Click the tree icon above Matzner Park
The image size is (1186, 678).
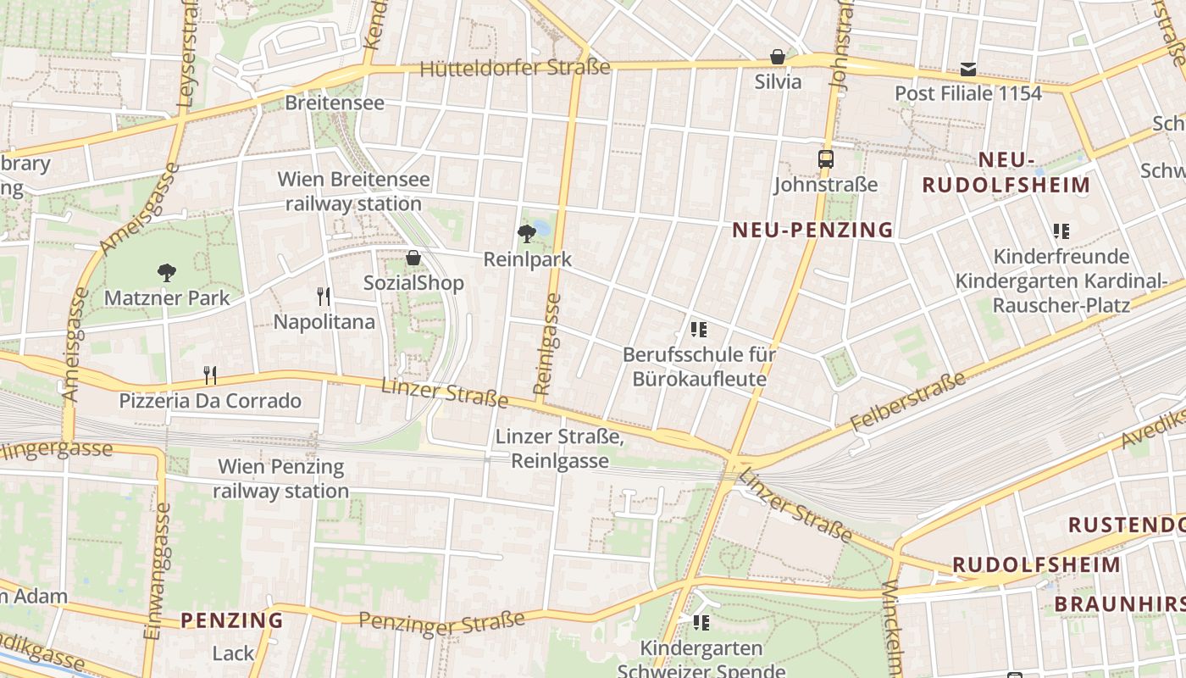point(167,272)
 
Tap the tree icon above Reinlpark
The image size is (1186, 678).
point(527,233)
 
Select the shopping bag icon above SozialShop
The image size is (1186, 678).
point(413,258)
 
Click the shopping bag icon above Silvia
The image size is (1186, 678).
point(777,57)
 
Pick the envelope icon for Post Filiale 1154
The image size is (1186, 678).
point(967,69)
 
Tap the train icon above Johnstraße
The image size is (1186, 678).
point(825,158)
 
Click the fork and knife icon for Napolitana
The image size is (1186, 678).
point(324,296)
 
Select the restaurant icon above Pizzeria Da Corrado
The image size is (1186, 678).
point(210,375)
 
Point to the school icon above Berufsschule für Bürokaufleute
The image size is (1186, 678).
point(699,329)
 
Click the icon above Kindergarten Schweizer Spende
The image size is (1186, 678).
point(701,623)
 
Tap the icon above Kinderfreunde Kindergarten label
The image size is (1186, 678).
point(1061,231)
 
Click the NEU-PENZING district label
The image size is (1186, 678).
point(812,230)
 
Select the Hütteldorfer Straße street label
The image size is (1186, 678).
point(515,68)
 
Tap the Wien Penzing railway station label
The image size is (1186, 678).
point(280,479)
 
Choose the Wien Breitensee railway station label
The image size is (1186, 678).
point(353,192)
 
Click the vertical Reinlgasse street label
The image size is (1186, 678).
point(548,344)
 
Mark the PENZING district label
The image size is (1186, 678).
point(231,620)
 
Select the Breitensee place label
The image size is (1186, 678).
point(335,103)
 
